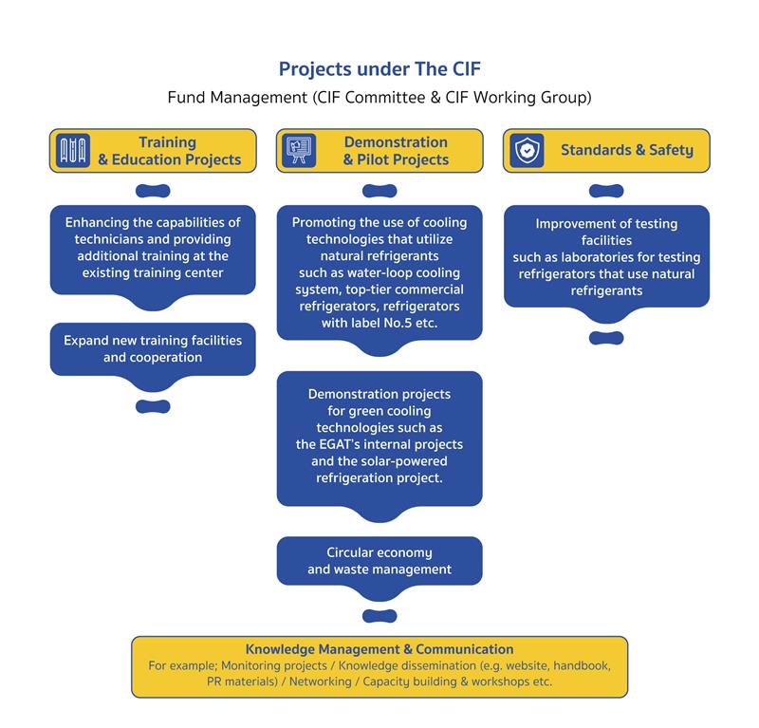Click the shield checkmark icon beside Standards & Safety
point(527,150)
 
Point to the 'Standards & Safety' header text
point(626,150)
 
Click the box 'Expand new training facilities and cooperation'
point(153,348)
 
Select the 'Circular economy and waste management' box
point(379,560)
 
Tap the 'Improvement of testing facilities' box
point(606,256)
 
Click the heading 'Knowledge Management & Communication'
point(379,649)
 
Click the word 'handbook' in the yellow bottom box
point(571,665)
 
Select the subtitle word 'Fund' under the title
point(186,97)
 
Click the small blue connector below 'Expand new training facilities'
point(153,407)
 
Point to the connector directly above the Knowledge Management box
point(379,616)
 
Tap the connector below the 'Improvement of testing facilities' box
point(606,338)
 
